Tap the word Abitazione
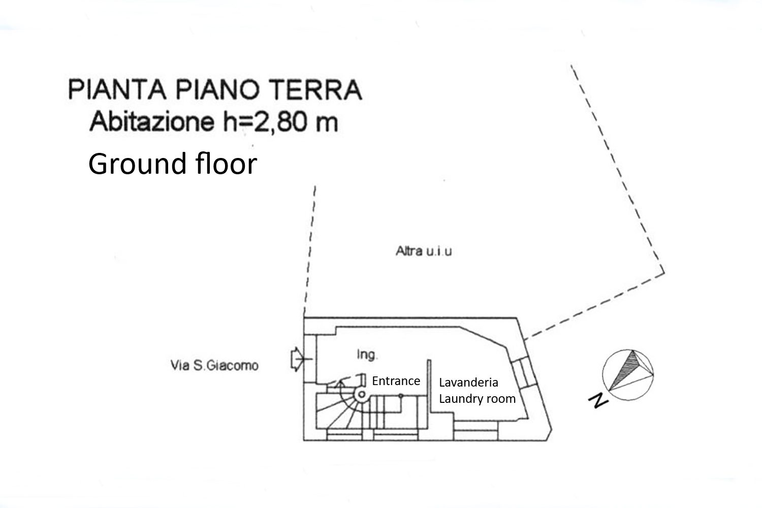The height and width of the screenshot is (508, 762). click(152, 122)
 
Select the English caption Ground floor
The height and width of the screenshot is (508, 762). click(173, 164)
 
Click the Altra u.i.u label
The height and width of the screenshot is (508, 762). click(424, 251)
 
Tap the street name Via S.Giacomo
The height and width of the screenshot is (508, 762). click(214, 365)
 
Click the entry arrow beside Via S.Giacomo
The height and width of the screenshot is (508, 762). click(296, 360)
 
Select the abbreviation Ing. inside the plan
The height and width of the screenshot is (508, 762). click(367, 355)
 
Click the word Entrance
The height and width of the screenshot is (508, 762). click(396, 381)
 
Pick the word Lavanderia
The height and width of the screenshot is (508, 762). click(468, 383)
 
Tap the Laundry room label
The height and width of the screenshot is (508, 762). click(477, 399)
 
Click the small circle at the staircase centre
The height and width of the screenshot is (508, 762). click(360, 395)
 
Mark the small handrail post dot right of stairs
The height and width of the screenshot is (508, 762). click(401, 395)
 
